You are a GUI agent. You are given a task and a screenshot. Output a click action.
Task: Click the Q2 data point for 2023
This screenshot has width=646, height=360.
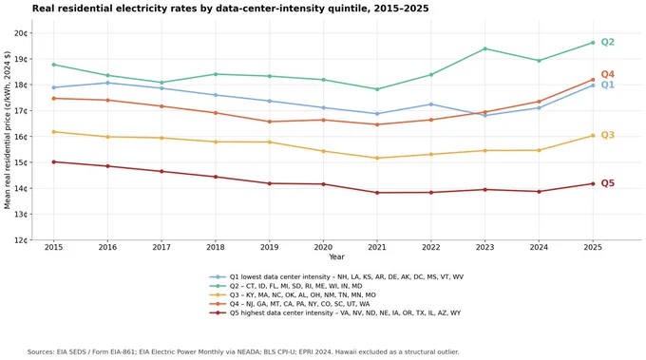(484, 48)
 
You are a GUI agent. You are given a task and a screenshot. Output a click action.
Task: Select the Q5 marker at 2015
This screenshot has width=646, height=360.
(53, 161)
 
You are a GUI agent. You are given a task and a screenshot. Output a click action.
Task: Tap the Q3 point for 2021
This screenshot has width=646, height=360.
(377, 158)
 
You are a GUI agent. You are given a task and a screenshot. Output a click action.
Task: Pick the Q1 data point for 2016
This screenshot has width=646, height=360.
(107, 83)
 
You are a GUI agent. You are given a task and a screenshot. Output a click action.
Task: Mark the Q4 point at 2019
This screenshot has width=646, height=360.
(270, 122)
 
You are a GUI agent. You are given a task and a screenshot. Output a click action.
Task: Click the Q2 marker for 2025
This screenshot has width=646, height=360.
(593, 43)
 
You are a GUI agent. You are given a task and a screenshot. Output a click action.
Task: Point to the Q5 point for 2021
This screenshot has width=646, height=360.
(377, 193)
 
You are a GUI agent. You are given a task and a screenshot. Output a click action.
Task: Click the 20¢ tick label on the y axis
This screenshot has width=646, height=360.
(21, 33)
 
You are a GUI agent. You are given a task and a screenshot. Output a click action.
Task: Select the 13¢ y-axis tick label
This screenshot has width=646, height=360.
(21, 214)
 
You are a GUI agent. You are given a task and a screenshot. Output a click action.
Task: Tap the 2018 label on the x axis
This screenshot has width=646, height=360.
(216, 247)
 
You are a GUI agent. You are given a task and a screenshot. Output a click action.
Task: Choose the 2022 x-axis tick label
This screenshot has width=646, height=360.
(431, 247)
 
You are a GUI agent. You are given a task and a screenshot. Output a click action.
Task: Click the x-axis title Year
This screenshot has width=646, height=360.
(336, 256)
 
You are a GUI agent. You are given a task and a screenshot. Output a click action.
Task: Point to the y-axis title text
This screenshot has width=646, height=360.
(8, 130)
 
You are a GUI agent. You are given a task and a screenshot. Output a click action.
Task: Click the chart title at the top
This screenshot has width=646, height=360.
(230, 9)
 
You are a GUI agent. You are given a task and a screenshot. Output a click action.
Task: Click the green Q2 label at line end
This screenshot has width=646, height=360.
(608, 42)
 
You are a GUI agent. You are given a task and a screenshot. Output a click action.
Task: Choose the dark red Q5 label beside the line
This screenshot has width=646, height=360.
(608, 183)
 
